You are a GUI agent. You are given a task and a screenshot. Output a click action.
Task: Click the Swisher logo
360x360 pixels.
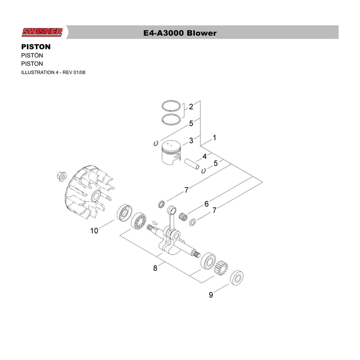(42, 32)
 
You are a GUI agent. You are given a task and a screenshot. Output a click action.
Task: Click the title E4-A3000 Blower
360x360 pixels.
(180, 33)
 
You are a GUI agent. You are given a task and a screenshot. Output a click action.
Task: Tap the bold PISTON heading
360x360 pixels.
(36, 47)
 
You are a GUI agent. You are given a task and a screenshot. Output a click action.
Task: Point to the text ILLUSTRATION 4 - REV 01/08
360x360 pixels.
(53, 72)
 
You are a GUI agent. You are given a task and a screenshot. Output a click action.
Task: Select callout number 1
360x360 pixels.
(215, 138)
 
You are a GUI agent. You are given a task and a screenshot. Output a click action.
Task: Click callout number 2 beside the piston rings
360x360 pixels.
(191, 107)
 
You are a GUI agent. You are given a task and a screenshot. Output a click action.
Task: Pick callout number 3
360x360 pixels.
(191, 140)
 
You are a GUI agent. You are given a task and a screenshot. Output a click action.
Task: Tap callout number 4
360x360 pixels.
(205, 156)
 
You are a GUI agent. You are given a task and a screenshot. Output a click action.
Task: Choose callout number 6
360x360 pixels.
(207, 204)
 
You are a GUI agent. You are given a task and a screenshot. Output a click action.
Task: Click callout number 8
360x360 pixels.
(155, 268)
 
